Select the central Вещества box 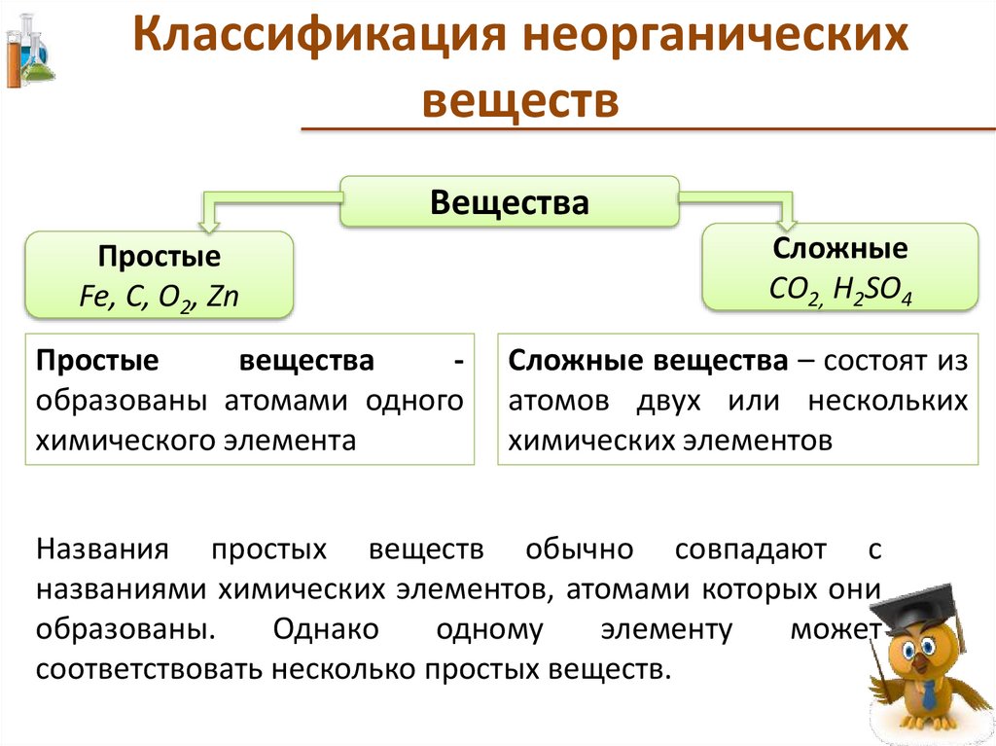[509, 202]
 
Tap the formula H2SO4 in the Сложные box [872, 289]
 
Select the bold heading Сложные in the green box [840, 250]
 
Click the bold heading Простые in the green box [159, 258]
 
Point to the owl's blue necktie [929, 693]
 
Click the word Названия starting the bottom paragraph [103, 550]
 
